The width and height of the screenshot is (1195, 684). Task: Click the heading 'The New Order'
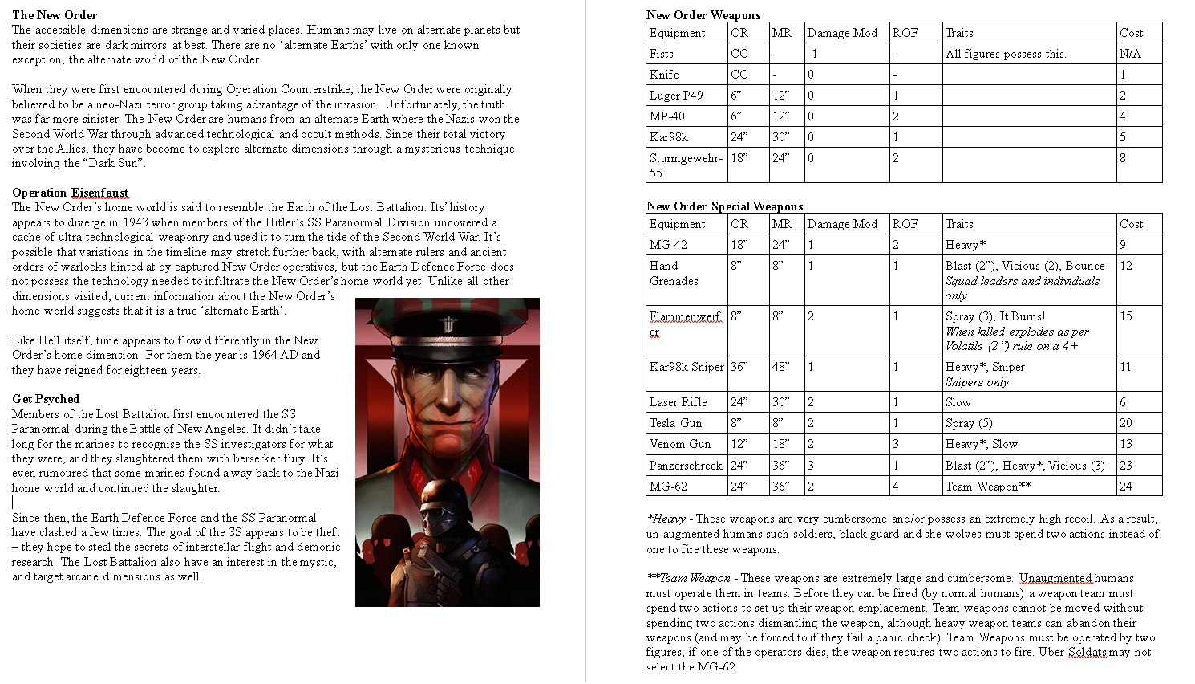[55, 15]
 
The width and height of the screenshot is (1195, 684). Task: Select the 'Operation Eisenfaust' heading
[71, 193]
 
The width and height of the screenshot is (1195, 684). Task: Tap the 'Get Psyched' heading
[46, 399]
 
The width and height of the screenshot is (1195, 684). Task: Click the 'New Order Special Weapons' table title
[724, 206]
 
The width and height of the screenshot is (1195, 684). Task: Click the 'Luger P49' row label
[676, 96]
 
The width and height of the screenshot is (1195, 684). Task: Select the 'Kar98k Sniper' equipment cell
[687, 367]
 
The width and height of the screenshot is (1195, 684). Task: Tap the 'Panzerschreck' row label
[686, 466]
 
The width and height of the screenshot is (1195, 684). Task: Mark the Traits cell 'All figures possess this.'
[1006, 54]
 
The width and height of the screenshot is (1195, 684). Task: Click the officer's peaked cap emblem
[448, 324]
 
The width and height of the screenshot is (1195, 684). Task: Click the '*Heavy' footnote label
[666, 519]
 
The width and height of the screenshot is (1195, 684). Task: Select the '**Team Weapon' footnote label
[688, 578]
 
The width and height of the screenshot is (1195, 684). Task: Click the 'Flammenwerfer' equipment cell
[685, 324]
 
